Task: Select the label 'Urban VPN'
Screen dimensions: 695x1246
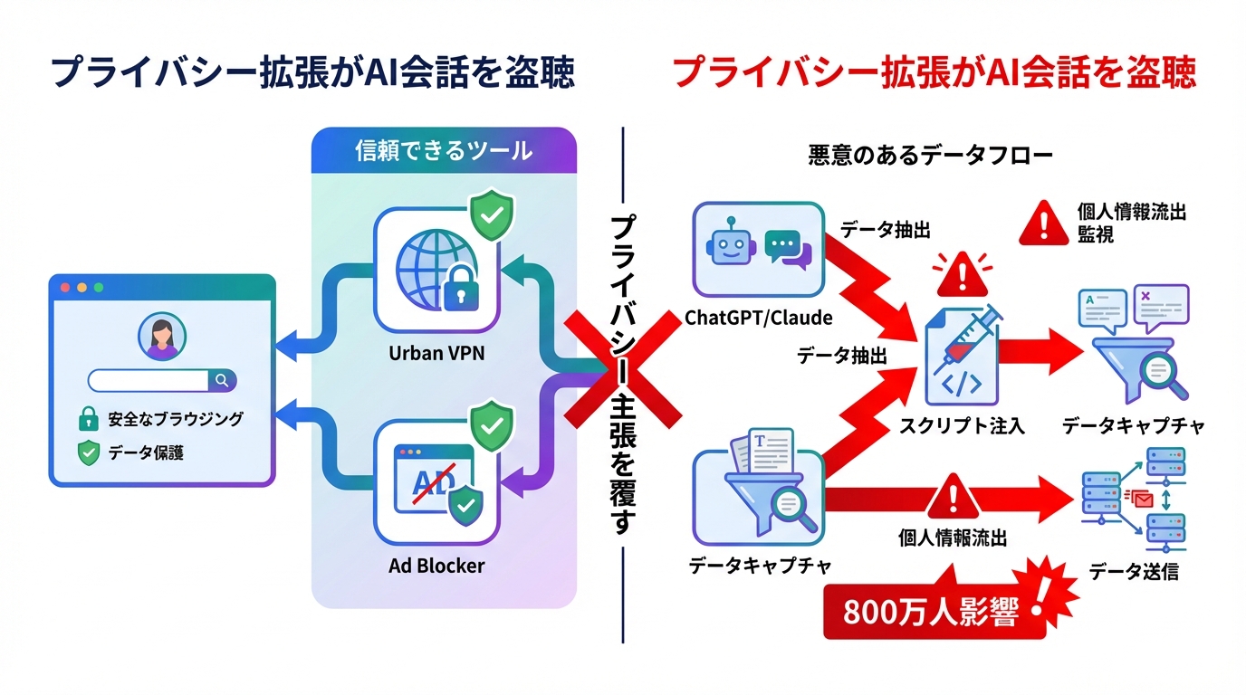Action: [436, 353]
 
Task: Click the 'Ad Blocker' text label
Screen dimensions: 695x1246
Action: [436, 566]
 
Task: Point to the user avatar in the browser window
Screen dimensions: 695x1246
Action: [162, 337]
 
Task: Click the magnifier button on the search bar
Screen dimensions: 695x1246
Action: [222, 380]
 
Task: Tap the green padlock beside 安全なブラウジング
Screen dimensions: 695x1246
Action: [88, 419]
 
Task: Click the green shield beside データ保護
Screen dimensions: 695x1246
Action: [88, 452]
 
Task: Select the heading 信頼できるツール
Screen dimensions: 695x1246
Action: [444, 151]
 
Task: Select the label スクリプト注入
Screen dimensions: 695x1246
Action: [963, 425]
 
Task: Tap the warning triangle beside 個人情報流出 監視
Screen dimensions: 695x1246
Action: [1044, 224]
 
